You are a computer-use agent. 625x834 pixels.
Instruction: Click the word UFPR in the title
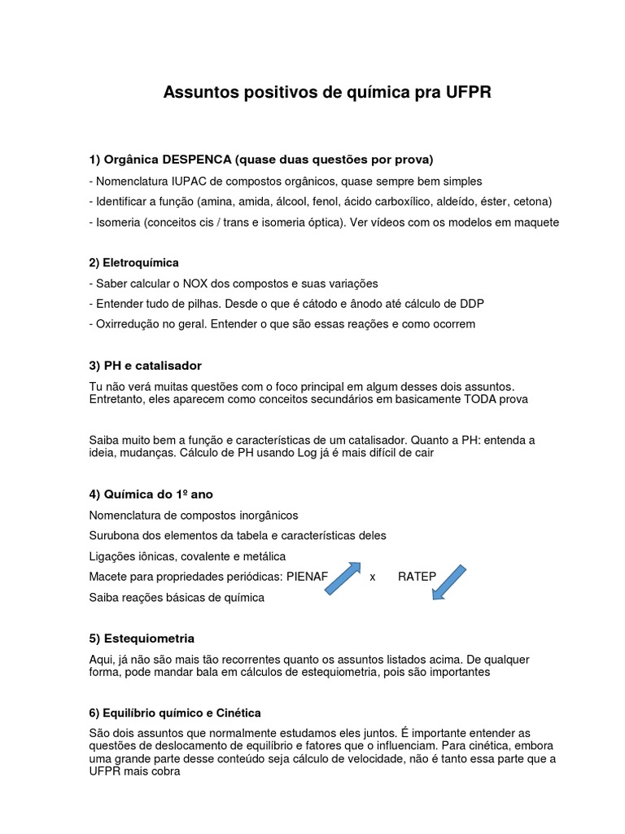point(469,93)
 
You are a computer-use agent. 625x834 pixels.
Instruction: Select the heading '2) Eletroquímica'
point(133,262)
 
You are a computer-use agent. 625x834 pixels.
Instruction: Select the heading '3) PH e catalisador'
point(145,366)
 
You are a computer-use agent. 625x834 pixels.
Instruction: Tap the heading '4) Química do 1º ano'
point(151,494)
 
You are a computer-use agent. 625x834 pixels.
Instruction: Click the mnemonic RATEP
point(417,577)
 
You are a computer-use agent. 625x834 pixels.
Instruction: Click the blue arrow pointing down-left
point(448,582)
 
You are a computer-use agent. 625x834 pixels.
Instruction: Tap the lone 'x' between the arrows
point(373,577)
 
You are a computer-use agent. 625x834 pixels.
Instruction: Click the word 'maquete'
point(537,222)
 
